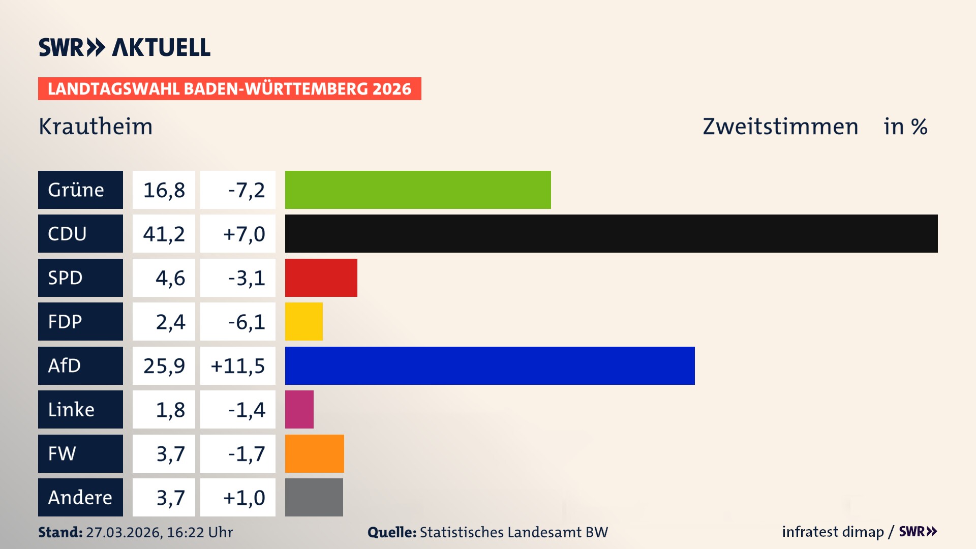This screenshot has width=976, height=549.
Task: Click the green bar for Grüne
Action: click(418, 190)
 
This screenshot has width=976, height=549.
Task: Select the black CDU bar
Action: click(611, 234)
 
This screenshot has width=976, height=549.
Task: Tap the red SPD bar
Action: click(321, 278)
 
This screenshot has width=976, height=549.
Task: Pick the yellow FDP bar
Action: click(303, 321)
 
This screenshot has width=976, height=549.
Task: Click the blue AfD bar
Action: click(490, 365)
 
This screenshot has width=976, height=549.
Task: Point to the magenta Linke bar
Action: click(299, 409)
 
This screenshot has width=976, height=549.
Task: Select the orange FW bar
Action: click(314, 453)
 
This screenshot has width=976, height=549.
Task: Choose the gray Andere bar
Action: click(314, 497)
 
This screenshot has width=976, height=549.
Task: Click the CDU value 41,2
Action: click(164, 234)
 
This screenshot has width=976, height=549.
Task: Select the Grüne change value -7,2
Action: click(246, 190)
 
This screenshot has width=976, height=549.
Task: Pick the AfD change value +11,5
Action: click(238, 366)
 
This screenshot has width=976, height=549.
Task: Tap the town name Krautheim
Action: click(96, 127)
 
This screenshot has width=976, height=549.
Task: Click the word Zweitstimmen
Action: click(780, 127)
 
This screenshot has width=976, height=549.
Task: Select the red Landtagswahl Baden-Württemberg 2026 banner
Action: click(229, 89)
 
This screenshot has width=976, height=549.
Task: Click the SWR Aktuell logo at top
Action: click(125, 47)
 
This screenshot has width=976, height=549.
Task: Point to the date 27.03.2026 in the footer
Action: click(124, 532)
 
